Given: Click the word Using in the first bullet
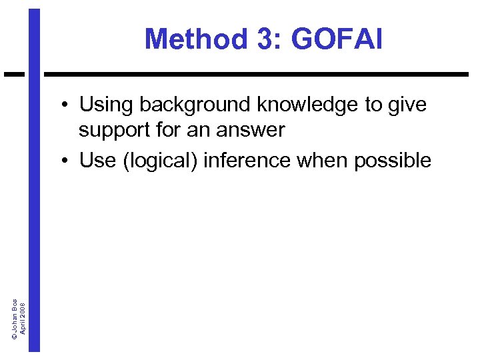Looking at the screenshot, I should point(107,105).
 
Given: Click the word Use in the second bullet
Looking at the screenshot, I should point(97,160).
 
